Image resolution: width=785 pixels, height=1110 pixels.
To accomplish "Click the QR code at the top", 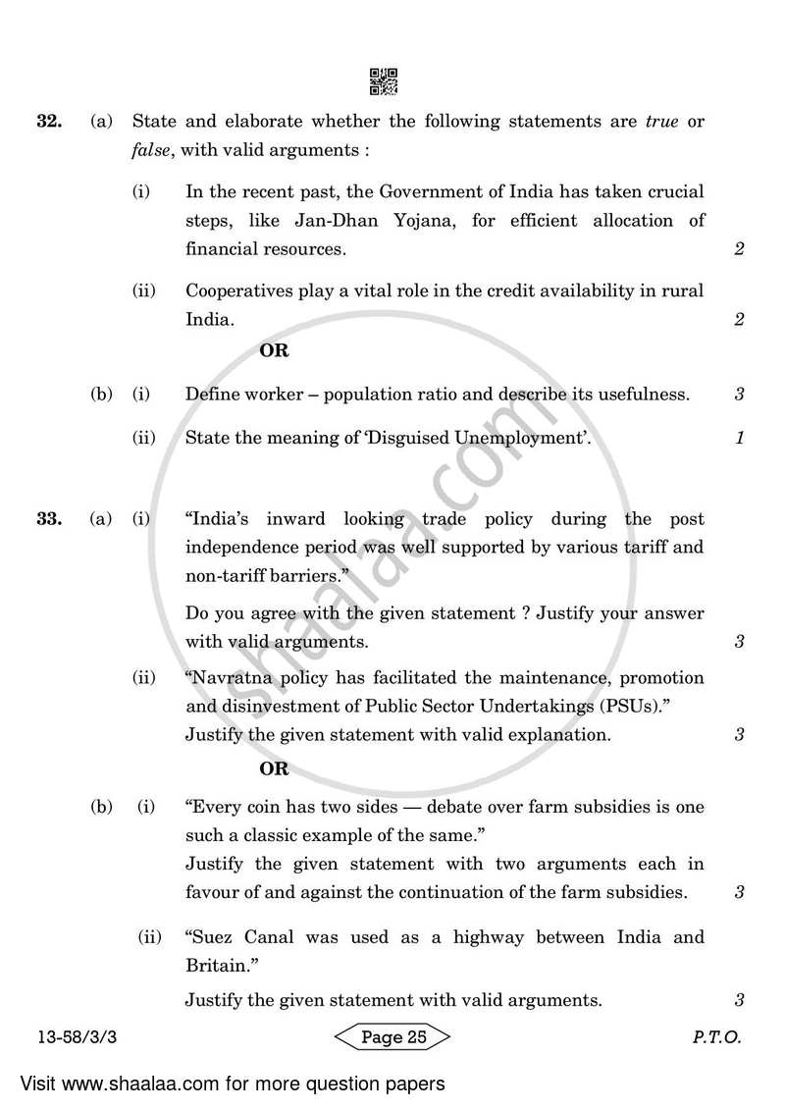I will click(384, 81).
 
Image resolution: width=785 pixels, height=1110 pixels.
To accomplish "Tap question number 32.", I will click(50, 123).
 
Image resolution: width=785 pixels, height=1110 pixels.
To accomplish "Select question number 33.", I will click(50, 519).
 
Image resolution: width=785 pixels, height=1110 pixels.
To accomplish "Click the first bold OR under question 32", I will click(274, 350).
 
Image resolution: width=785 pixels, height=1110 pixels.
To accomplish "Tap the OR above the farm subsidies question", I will click(274, 769).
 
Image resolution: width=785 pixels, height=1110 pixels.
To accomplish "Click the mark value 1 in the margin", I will click(740, 438).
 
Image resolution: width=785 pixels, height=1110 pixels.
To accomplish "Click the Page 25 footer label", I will click(392, 1037).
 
